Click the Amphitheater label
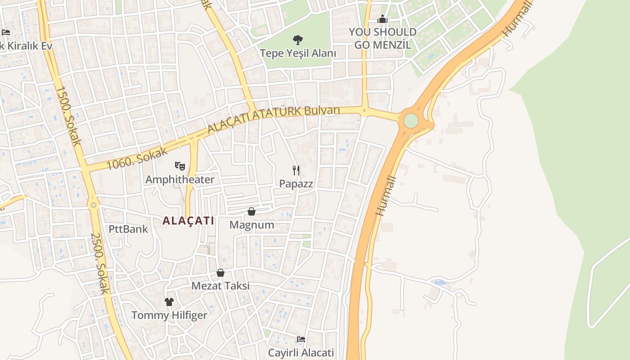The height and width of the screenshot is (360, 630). [180, 180]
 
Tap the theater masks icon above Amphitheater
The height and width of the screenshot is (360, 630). [180, 166]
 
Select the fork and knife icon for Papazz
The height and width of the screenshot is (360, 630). [296, 170]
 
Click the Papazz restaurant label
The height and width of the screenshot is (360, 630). [296, 184]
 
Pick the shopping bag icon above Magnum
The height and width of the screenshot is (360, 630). [252, 211]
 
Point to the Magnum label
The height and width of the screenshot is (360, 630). [252, 225]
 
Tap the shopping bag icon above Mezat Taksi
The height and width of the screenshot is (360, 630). [220, 273]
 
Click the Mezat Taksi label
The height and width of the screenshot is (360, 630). [220, 286]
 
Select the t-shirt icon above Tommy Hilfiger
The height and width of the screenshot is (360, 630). [169, 301]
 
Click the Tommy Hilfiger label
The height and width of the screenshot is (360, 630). [169, 315]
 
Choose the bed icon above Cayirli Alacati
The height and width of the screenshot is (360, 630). [301, 339]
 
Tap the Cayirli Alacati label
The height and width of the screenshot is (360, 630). [301, 352]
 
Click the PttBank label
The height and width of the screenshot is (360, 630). [128, 229]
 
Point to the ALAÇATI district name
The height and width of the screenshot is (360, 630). [188, 221]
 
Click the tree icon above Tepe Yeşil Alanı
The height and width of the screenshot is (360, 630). [297, 40]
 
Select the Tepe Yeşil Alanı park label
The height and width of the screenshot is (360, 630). [298, 53]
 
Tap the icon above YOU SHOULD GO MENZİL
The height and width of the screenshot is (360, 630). [382, 19]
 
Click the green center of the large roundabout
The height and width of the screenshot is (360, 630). [411, 121]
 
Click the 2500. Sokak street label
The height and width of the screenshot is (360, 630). [99, 264]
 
